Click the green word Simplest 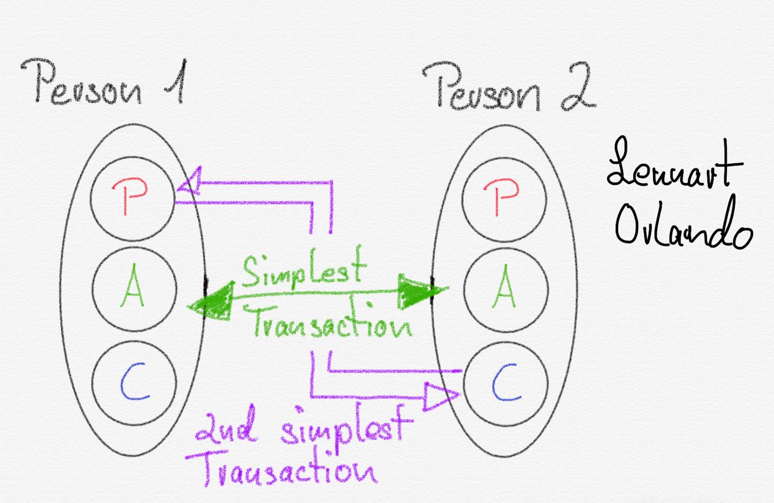302,271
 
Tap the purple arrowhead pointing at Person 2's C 440,396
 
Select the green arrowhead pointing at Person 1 213,302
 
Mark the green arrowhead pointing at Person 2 422,290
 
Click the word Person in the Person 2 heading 479,90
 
